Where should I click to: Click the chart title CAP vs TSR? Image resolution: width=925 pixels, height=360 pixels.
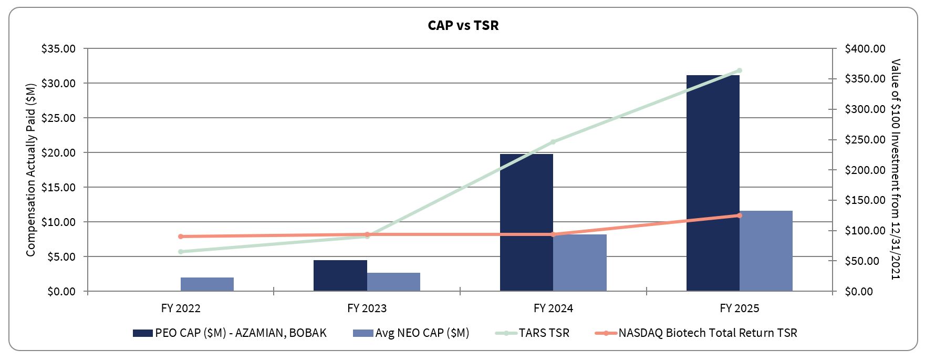coord(463,25)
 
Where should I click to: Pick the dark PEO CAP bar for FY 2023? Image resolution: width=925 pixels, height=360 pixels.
coord(340,275)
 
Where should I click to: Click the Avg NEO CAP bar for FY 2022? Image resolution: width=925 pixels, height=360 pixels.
coord(207,284)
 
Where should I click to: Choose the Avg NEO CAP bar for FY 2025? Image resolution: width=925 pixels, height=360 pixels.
coord(766,251)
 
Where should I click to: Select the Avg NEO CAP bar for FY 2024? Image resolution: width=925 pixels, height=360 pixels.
coord(579,262)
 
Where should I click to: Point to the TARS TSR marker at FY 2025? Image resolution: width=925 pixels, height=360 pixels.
coord(739,70)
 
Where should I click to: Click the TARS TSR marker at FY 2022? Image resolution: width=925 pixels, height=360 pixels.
coord(181,252)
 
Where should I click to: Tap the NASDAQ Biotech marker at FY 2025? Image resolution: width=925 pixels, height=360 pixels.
coord(739,215)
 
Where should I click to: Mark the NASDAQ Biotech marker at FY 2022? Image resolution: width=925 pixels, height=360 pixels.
coord(181,236)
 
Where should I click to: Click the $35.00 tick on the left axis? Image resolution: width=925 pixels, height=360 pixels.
coord(59,49)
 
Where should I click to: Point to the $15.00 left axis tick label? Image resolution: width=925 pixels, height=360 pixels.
coord(59,188)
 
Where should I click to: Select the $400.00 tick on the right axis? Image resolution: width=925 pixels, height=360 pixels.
coord(865,49)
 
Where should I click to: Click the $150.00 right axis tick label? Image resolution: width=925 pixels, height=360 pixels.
coord(865,200)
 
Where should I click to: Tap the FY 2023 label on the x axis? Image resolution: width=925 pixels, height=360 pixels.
coord(367,308)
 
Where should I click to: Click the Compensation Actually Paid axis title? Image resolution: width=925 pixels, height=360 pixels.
coord(31,170)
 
